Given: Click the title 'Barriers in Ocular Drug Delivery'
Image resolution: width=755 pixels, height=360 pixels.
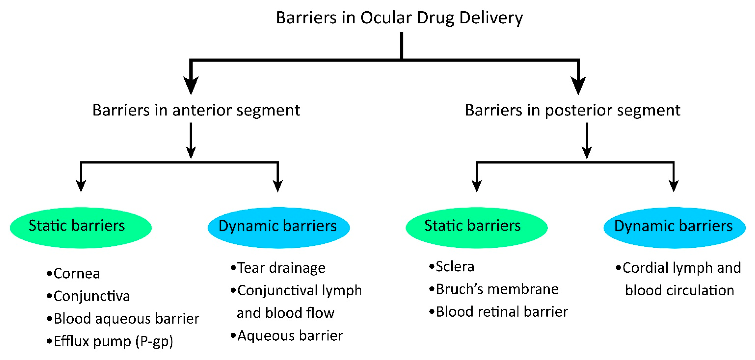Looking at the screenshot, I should [x=399, y=18].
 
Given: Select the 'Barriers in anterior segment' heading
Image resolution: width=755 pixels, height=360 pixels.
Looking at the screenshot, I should [x=196, y=110].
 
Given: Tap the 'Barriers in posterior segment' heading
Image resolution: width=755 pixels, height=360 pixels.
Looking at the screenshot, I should [x=572, y=110].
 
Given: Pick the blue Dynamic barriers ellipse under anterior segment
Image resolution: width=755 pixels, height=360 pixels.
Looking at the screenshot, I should [x=279, y=227].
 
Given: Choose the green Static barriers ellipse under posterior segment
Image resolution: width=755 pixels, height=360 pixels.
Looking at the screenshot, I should [x=476, y=227].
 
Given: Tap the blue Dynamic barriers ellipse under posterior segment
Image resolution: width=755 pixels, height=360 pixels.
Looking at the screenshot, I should [x=674, y=227].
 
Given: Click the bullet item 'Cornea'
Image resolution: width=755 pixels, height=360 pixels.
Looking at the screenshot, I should [x=76, y=274].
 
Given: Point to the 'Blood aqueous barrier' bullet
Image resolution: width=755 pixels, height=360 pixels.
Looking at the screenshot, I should [x=126, y=319].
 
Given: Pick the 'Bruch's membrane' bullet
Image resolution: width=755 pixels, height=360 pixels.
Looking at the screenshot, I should [x=497, y=289].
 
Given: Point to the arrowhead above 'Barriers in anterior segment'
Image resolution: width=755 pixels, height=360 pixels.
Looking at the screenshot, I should [x=191, y=86].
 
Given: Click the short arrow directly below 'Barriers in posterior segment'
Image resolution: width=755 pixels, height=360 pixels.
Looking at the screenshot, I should [x=587, y=141].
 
